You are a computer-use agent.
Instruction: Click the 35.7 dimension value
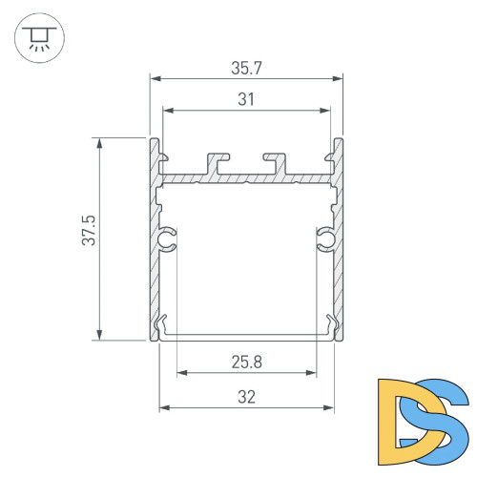click(247, 68)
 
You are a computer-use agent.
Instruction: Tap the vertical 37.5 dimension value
click(89, 238)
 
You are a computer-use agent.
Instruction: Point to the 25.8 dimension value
click(247, 362)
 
